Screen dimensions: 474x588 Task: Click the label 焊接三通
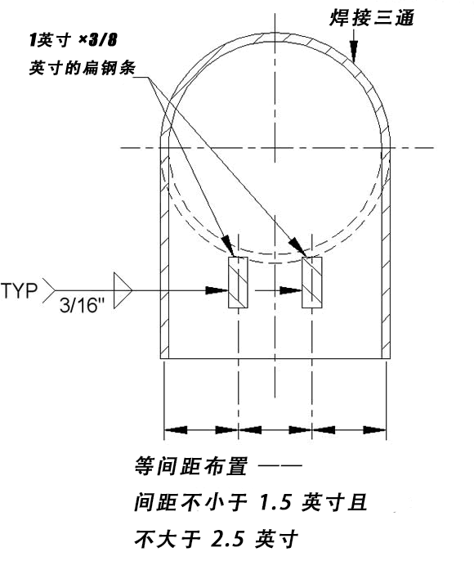coord(371,18)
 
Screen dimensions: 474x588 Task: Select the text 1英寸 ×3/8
coord(74,40)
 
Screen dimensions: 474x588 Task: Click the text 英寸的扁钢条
coord(83,68)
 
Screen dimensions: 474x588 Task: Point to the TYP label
coord(20,290)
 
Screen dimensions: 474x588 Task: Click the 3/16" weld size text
coord(82,305)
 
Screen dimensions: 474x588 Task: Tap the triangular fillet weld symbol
coord(123,290)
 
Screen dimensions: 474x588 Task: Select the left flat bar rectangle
coord(238,282)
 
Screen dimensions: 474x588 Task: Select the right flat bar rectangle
coord(311,282)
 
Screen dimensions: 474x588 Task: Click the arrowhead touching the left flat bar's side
coord(217,290)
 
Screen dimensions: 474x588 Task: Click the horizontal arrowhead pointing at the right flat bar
coord(291,290)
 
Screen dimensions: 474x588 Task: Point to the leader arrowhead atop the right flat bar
coord(298,248)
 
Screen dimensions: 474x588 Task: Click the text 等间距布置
coord(191,466)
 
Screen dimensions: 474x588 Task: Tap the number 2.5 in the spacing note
coord(227,539)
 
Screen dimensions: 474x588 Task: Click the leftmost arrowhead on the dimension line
coord(176,429)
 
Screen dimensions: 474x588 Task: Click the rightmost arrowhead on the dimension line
coord(374,429)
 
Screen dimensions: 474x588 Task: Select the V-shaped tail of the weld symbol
coord(49,290)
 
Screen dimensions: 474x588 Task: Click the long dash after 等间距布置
coord(280,465)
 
